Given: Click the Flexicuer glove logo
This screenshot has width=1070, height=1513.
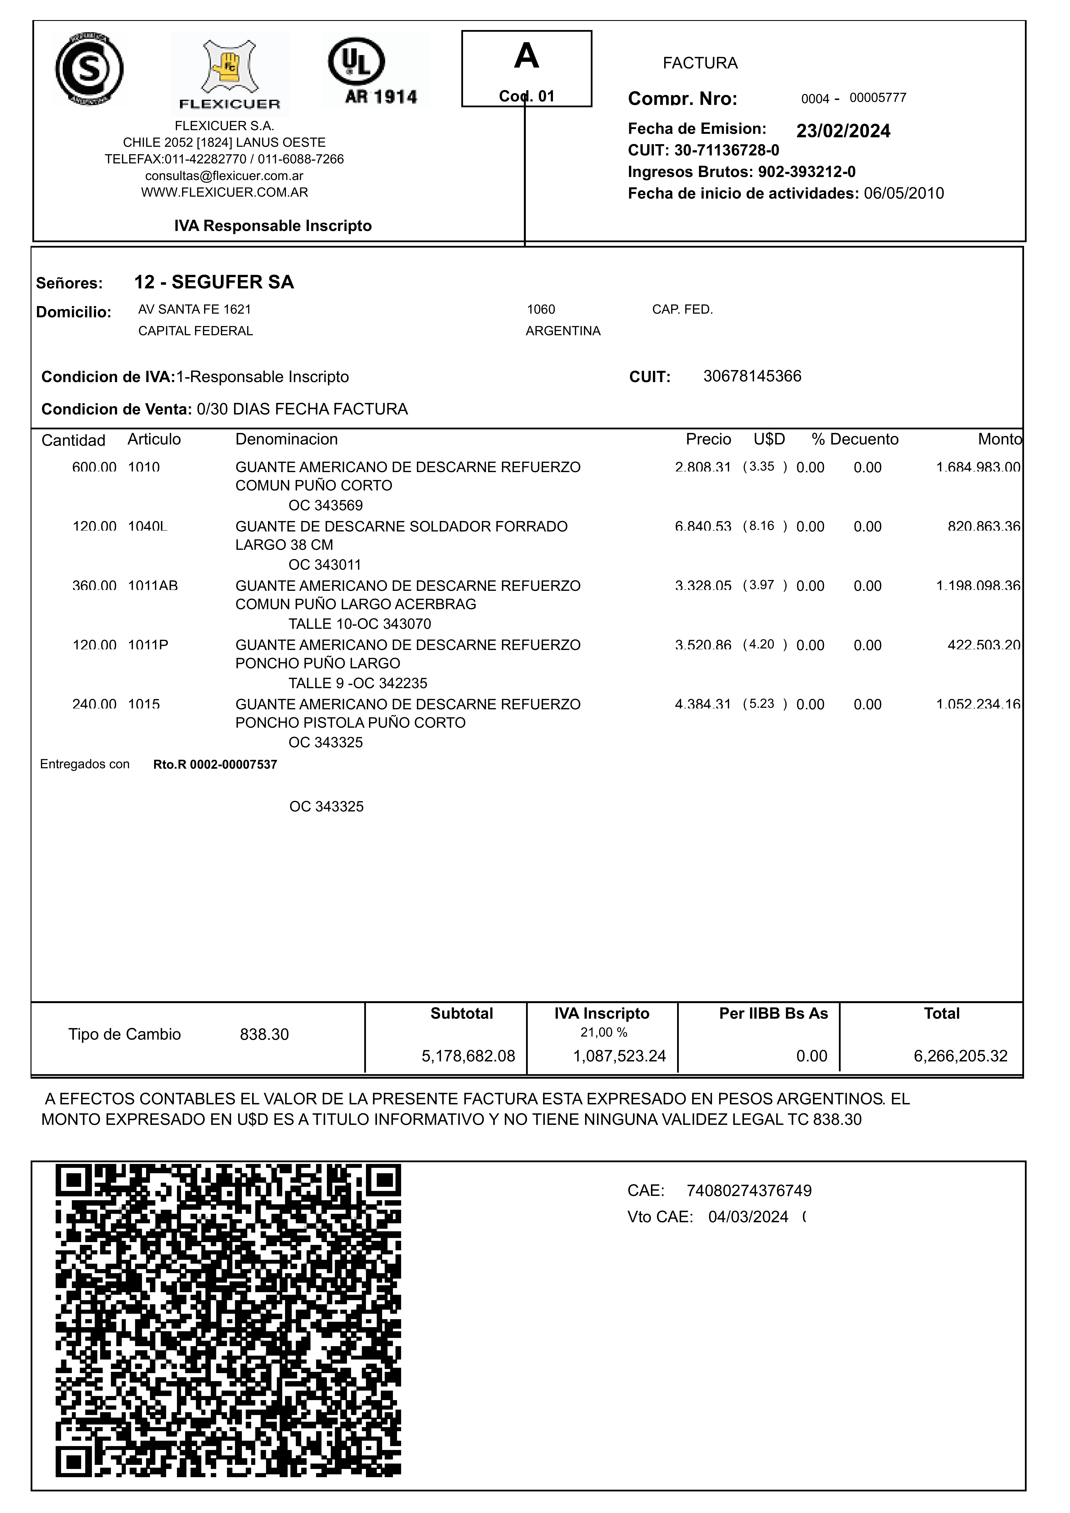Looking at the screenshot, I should coord(229,73).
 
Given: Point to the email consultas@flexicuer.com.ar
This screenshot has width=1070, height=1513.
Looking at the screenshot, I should coord(224,176).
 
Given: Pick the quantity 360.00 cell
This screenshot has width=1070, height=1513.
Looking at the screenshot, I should coord(94,586).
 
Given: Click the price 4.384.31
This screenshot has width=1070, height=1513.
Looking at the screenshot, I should coord(703,704).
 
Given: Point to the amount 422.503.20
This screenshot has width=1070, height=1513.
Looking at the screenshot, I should coord(984,645).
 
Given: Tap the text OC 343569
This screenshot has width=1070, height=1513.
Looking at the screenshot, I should coord(325,505).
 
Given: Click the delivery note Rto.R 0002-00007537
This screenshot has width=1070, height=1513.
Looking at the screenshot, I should coord(215,764).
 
